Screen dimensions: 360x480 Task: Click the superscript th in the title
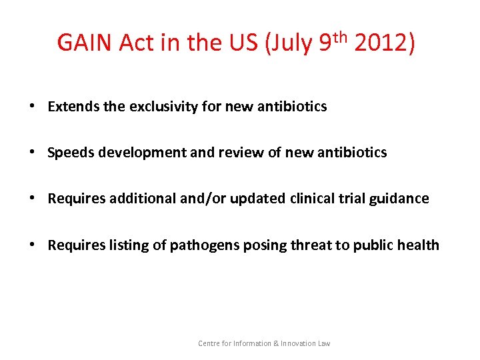(x=341, y=36)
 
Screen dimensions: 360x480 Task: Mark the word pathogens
(x=200, y=245)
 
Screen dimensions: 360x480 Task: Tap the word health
(x=419, y=245)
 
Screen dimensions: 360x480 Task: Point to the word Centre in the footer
(x=209, y=343)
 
